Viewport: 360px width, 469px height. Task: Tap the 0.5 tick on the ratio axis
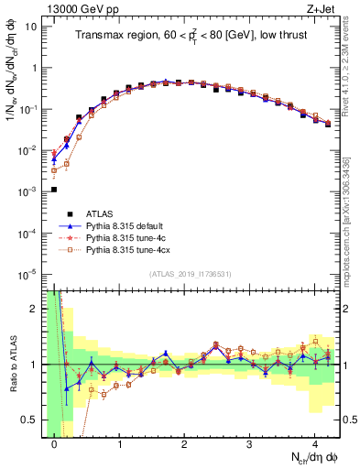coord(31,420)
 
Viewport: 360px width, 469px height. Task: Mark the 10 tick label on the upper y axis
coord(29,26)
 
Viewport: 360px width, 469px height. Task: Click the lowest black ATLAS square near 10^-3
coord(54,190)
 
